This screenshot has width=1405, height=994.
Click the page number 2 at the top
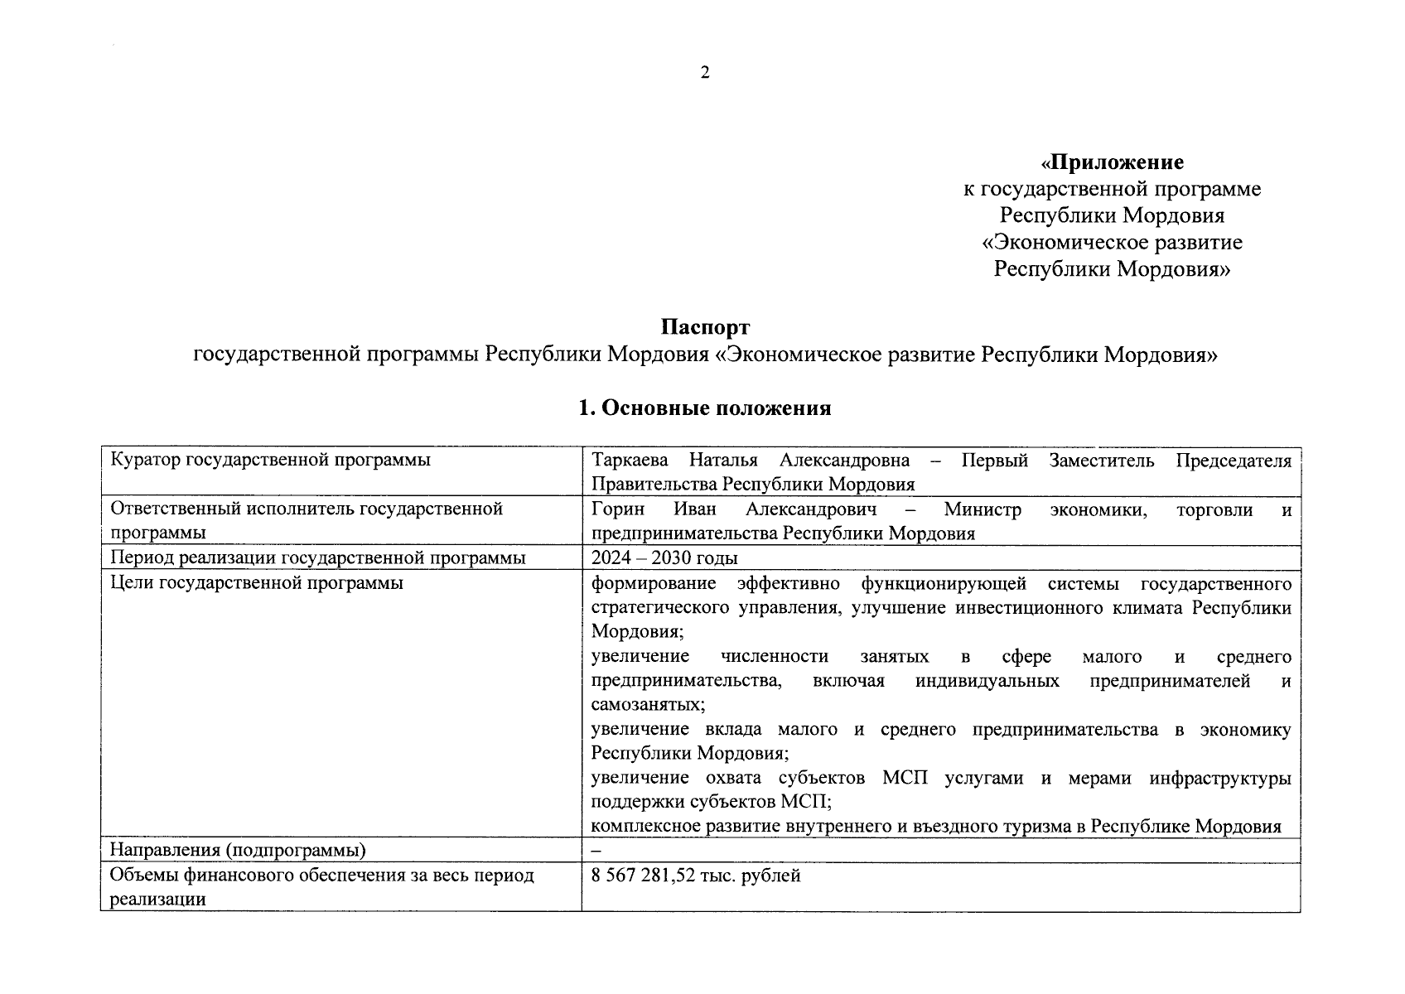coord(704,73)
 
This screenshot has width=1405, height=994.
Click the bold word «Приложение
coord(1112,162)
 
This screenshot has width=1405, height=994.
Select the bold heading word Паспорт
coord(705,328)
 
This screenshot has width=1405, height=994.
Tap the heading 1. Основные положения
coord(704,408)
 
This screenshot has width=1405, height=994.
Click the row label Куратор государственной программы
coord(271,461)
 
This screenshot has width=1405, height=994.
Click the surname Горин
coord(618,509)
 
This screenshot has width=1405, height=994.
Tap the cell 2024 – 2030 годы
coord(664,558)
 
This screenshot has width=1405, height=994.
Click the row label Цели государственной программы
coord(257,582)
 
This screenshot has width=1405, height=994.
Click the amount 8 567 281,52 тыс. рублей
coord(696,876)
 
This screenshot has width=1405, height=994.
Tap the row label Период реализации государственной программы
coord(318,558)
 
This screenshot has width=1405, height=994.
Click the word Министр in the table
coord(982,509)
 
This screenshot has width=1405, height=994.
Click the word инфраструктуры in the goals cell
coord(1219,778)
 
